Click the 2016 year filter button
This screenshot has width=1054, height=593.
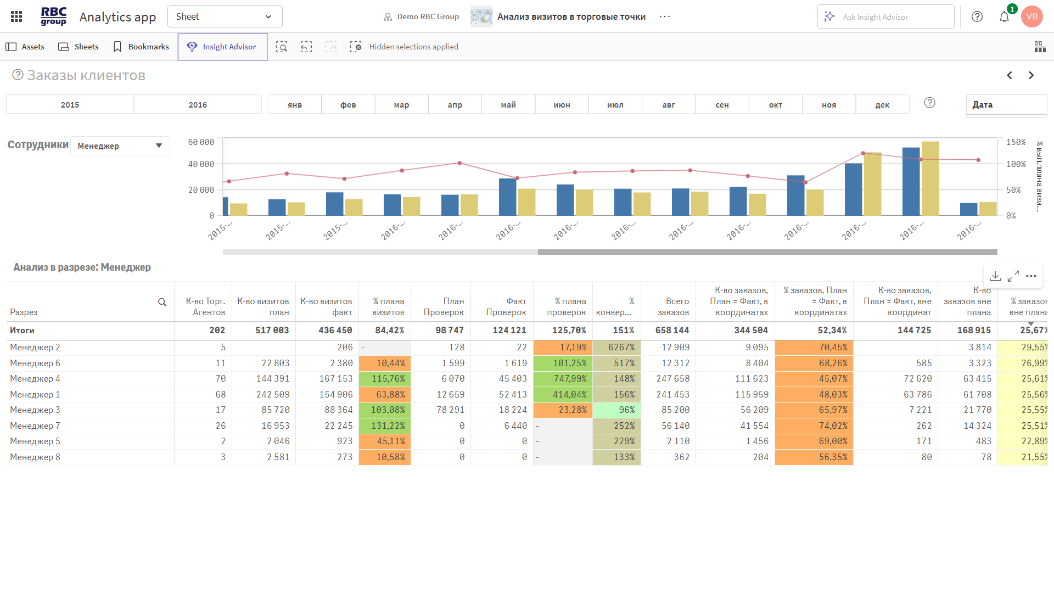pos(198,105)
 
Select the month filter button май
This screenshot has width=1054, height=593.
pos(508,105)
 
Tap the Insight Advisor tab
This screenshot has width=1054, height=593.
pos(222,47)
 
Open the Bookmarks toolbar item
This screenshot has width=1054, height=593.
pos(141,47)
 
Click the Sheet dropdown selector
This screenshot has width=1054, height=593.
pos(225,16)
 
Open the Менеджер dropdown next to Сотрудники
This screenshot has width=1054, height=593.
pos(120,146)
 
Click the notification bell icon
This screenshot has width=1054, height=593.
pos(1004,16)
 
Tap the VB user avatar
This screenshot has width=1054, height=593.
pos(1031,16)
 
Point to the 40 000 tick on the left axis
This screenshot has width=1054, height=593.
pos(201,164)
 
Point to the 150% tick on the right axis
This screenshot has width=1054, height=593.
pos(1016,142)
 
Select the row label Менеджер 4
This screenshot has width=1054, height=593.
pos(35,379)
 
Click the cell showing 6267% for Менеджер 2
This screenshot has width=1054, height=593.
pos(617,348)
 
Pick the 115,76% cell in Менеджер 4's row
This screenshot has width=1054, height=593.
pos(385,379)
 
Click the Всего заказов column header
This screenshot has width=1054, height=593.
pos(673,306)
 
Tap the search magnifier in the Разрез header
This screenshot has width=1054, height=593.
pos(162,302)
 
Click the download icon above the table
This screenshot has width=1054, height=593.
pos(995,276)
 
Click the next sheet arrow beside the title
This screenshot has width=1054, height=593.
pos(1031,75)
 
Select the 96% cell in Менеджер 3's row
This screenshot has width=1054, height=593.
pos(617,410)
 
